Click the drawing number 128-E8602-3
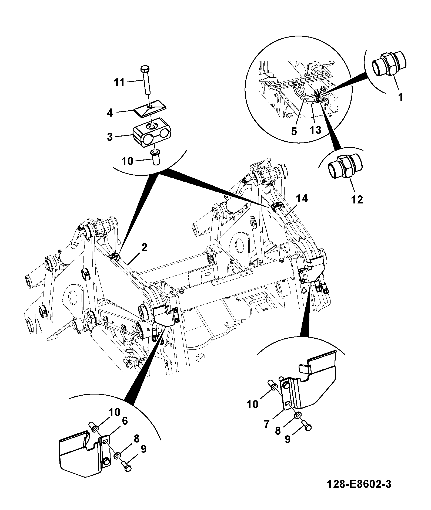[359, 484]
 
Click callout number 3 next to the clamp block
[110, 137]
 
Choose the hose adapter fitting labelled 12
[345, 167]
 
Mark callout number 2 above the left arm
[144, 247]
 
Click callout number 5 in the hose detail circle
[294, 131]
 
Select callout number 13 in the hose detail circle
[315, 130]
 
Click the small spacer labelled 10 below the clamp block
[156, 157]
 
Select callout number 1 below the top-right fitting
[401, 97]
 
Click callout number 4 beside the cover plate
[110, 113]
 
